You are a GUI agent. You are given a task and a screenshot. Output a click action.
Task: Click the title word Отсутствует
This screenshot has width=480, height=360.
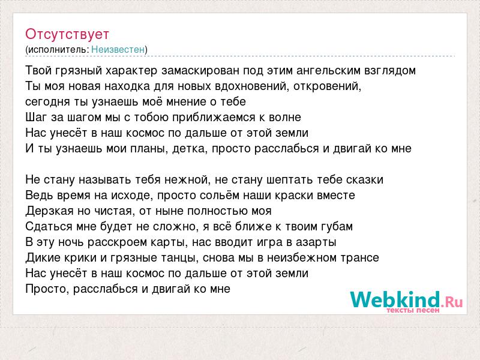tap(67, 34)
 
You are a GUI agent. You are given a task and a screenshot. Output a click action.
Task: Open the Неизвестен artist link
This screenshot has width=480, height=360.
tap(118, 49)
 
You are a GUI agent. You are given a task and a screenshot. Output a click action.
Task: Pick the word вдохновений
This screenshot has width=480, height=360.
tap(252, 86)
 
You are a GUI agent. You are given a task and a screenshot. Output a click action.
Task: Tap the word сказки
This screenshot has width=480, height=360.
tap(365, 180)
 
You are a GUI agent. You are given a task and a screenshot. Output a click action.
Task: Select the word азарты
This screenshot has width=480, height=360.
tap(316, 242)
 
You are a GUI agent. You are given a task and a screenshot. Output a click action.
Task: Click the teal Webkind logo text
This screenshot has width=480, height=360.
tap(395, 299)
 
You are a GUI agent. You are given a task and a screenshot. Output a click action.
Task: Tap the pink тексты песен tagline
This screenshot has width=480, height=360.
tap(413, 310)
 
